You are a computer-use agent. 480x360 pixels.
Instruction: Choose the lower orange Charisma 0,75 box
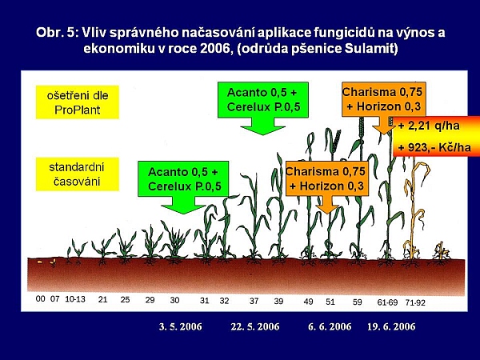326,179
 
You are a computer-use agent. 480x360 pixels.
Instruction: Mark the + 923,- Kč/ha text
430,149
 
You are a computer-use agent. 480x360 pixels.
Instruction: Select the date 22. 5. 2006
254,326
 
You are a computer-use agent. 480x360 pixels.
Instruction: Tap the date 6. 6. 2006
330,326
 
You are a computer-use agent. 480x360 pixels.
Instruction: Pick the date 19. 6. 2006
391,326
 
